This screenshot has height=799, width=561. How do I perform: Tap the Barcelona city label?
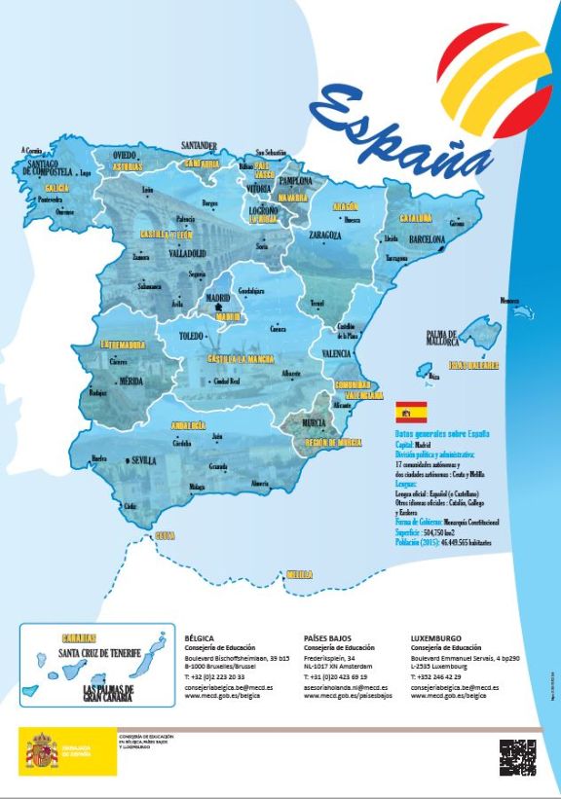428,238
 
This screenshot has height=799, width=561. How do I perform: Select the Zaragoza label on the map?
324,236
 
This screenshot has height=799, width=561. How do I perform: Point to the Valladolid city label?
187,253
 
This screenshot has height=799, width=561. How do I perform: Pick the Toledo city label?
191,336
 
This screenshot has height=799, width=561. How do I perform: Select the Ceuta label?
165,535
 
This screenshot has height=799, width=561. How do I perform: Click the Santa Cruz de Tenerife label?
100,651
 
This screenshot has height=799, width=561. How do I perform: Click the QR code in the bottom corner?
517,757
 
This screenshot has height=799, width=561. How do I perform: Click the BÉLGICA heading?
200,638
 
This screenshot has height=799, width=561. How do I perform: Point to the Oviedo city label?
124,155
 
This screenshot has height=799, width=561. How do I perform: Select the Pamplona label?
295,181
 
